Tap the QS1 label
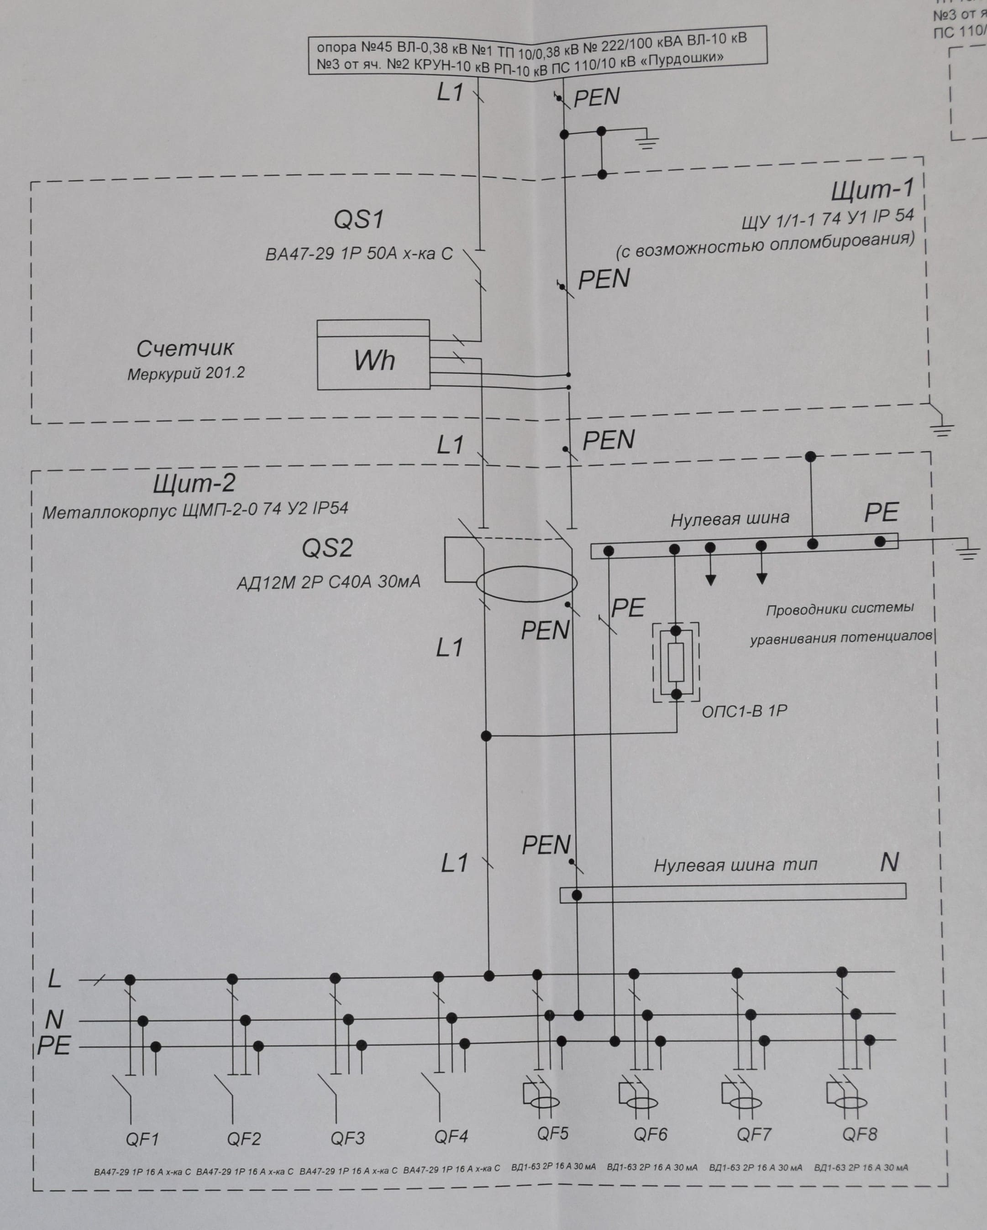pos(358,219)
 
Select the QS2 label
pos(327,548)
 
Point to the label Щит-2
pos(194,484)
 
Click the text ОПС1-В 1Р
pos(745,711)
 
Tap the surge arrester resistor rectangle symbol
pos(676,662)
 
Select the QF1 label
pos(142,1139)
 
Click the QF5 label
pos(552,1132)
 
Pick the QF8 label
pos(860,1134)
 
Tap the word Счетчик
pos(185,348)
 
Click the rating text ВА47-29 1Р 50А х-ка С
pos(359,254)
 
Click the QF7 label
pos(754,1135)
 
